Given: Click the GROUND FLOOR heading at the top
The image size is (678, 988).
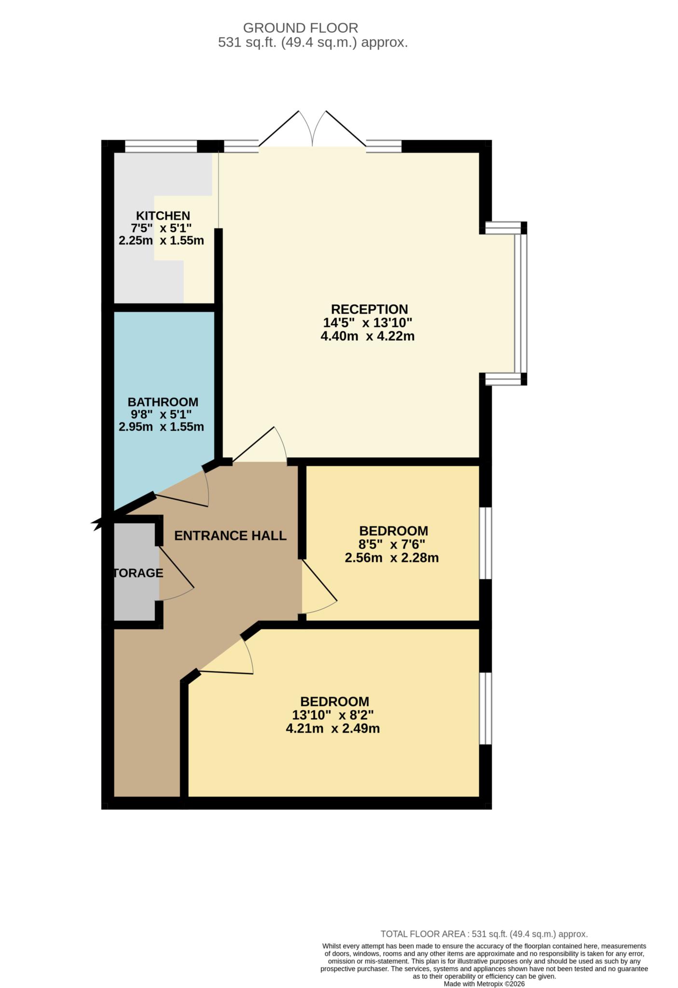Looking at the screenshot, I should tap(300, 28).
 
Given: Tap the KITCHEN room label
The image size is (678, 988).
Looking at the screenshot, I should tap(163, 216).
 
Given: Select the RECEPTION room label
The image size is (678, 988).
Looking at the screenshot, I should tap(369, 309).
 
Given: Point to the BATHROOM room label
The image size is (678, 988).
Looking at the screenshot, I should tap(163, 402).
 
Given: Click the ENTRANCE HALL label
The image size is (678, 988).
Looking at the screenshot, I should tap(230, 535).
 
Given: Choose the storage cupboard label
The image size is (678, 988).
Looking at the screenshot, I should tap(138, 573).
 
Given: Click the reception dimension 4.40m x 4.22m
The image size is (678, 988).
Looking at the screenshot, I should tap(368, 336).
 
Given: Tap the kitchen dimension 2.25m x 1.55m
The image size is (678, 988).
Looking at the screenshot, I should tap(161, 240).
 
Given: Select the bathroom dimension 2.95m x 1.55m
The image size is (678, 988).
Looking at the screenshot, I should tap(161, 427).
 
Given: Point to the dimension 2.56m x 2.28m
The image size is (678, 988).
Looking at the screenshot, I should tap(391, 558).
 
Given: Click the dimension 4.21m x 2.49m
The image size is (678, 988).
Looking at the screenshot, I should tap(332, 728).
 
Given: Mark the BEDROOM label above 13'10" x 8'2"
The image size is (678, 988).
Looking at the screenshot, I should tap(334, 701).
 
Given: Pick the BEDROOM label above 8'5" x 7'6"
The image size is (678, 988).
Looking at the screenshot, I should tap(393, 531).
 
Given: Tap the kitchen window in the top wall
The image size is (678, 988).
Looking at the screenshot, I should tap(161, 146).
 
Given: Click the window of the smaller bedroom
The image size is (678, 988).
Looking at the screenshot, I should tap(485, 543).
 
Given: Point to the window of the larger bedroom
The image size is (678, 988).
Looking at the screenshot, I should tap(485, 708).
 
